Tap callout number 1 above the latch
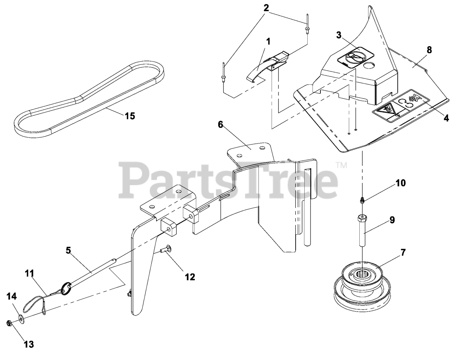click(x=268, y=41)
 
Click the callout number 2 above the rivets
click(x=266, y=8)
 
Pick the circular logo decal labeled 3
click(x=355, y=58)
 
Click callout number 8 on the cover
click(x=429, y=50)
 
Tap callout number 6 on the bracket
click(x=220, y=125)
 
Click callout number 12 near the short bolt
click(x=190, y=277)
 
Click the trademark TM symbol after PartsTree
click(x=341, y=165)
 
